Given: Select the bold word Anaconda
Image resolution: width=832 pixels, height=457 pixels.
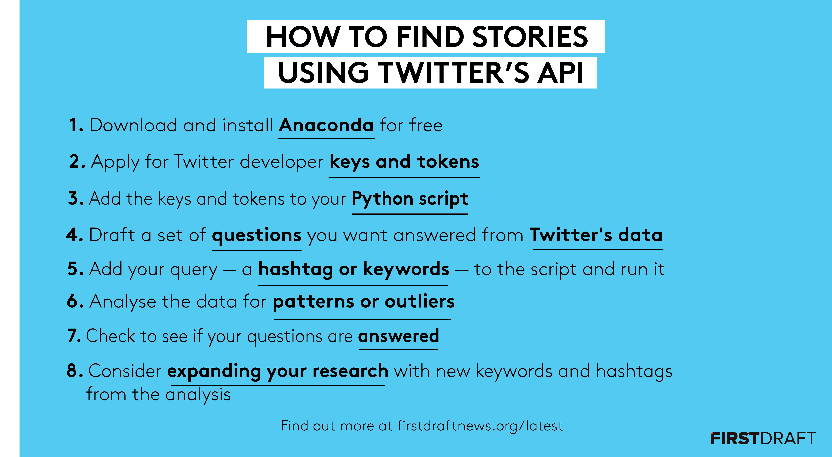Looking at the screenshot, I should coord(326,125).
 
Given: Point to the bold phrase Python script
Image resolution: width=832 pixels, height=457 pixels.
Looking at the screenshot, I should coord(410,199).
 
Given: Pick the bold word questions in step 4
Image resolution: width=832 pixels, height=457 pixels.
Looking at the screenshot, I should coord(256,235).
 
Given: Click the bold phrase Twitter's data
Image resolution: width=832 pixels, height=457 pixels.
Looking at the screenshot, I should coord(596,235).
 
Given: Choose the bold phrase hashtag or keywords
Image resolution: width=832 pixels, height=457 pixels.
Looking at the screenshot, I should coord(354,269).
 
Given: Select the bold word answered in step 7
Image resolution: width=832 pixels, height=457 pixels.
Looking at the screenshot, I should coord(399,336).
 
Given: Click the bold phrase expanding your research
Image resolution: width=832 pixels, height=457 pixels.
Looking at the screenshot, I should coord(278,371).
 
